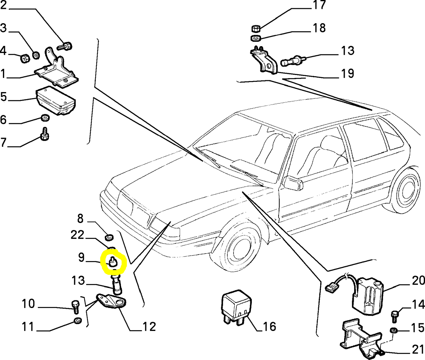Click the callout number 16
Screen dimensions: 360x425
click(268, 326)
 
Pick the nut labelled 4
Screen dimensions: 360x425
click(25, 59)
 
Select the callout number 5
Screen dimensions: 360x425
click(4, 96)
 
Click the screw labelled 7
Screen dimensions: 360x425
click(45, 134)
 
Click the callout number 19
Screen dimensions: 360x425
click(347, 73)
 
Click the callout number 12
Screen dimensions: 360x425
click(149, 326)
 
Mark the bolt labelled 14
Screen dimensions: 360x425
click(394, 316)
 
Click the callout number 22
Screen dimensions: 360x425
click(77, 235)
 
